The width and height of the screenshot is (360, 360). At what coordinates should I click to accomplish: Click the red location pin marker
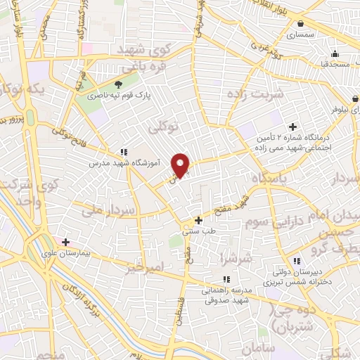pos(181,165)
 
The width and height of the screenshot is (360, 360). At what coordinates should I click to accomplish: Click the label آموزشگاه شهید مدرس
pos(124,162)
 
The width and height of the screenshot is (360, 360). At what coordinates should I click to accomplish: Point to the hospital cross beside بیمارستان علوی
pos(66,241)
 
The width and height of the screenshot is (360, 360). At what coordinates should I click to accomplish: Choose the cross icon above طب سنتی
pos(199,220)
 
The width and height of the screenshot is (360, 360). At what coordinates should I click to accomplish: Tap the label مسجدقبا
pos(335,64)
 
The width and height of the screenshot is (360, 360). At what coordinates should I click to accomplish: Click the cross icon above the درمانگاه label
pos(293,127)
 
